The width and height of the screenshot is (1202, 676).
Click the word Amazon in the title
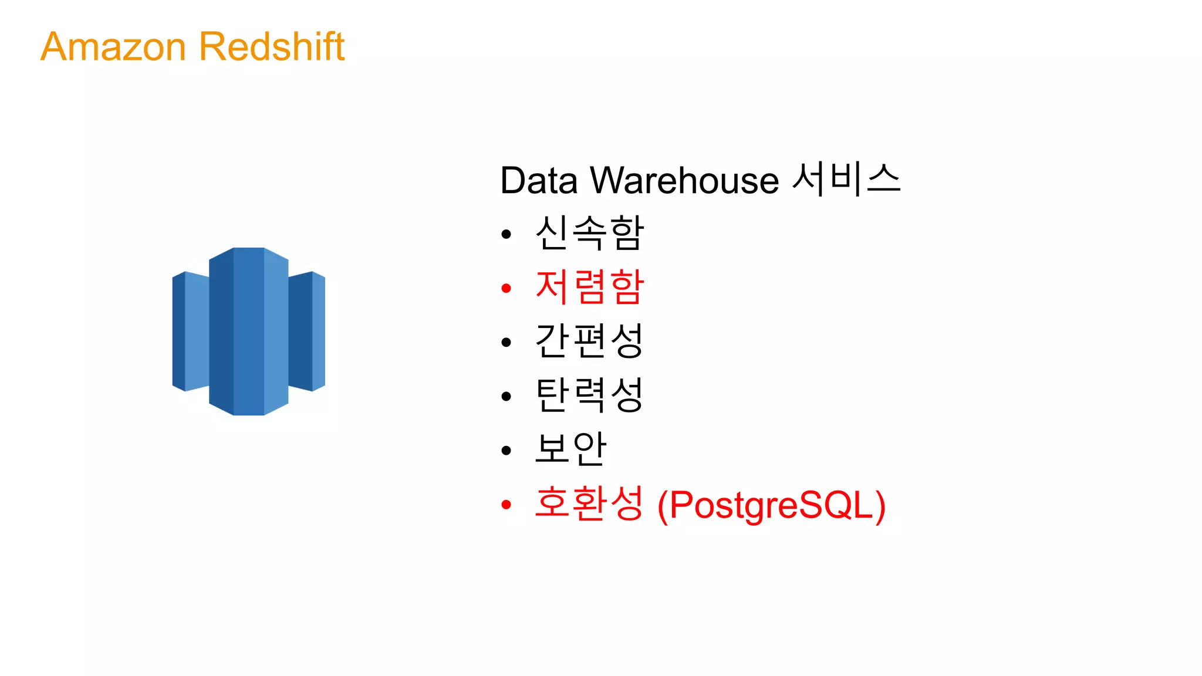point(113,47)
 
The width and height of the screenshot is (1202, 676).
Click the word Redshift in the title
point(272,46)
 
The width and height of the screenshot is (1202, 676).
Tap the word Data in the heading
point(538,180)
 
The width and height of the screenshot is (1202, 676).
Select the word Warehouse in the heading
point(684,180)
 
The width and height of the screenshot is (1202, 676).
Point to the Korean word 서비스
point(846,179)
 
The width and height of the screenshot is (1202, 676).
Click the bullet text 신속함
point(589,233)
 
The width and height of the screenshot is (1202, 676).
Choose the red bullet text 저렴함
point(589,287)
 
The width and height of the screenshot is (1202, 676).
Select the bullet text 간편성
point(589,341)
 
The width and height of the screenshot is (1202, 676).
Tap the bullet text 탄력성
point(589,395)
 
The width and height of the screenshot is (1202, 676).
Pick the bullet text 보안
point(570,449)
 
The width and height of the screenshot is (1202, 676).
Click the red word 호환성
point(589,503)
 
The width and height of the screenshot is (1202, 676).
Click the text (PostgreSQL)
point(771,505)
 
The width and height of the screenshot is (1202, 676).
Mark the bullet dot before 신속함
point(507,235)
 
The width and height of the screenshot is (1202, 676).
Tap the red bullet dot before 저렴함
point(507,288)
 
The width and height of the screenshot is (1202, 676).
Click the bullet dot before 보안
point(507,451)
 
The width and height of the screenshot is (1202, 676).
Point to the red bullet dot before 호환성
point(507,505)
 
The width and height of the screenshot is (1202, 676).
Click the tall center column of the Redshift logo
point(249,332)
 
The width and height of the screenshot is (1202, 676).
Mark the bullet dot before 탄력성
point(507,397)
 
